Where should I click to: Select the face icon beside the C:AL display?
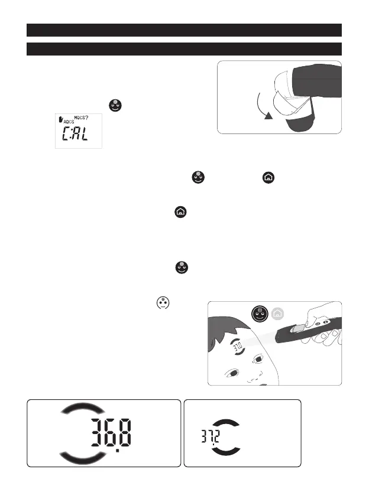coord(115,106)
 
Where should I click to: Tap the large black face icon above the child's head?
coord(258,314)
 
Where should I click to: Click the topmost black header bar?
coord(184,30)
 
